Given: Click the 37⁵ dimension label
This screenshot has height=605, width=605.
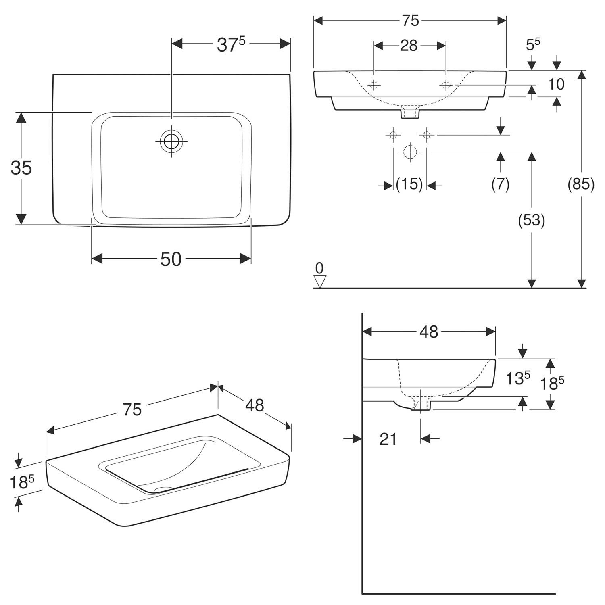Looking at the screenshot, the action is [231, 45].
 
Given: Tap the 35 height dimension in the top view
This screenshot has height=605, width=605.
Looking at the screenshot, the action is [21, 167].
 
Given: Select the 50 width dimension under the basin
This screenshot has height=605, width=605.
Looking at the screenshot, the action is [171, 259].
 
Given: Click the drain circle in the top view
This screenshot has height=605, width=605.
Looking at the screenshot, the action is [171, 141].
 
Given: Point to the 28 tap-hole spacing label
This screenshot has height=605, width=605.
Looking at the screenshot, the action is [409, 46].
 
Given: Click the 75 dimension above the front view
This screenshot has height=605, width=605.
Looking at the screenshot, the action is [410, 21].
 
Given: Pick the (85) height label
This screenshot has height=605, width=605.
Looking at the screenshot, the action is [581, 184].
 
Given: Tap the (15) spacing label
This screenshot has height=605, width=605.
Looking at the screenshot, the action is [409, 184].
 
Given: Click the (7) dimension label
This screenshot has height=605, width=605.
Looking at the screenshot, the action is [501, 184].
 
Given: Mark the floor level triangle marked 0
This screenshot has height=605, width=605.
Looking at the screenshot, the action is [319, 282].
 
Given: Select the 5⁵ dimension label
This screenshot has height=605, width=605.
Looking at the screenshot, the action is [533, 44].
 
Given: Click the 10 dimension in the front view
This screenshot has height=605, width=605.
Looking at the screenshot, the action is [556, 84].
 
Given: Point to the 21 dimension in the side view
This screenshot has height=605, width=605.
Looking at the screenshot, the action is [388, 439].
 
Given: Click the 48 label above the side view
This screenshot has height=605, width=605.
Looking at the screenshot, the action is [428, 332].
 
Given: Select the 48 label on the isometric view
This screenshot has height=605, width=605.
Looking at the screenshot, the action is [255, 405].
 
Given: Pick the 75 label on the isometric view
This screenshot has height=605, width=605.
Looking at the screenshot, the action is [132, 409].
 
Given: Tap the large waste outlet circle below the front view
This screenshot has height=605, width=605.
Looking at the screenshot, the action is [410, 152].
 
